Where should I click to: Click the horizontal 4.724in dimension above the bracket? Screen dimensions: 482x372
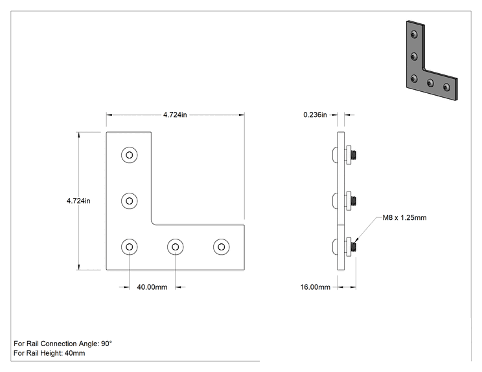[175, 115]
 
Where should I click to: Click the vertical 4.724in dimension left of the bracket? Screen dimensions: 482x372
[78, 201]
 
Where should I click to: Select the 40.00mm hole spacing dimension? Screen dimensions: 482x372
[152, 287]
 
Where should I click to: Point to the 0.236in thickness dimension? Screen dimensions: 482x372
[315, 115]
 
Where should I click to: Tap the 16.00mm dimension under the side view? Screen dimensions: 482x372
[315, 287]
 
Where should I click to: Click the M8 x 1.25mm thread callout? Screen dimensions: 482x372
[404, 217]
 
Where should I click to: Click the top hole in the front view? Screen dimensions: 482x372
[130, 155]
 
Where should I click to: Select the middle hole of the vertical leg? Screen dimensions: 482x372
[130, 201]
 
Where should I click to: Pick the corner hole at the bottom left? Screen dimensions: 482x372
[130, 246]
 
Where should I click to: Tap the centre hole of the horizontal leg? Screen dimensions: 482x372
[175, 246]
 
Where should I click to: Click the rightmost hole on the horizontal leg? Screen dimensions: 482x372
[222, 246]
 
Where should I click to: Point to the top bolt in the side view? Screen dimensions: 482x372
[344, 155]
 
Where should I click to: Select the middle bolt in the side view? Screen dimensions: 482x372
[344, 201]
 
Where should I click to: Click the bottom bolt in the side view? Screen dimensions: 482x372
[344, 246]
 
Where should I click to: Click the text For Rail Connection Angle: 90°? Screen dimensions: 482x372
[63, 344]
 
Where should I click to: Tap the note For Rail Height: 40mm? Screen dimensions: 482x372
[49, 353]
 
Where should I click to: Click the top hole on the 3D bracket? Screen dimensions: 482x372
[414, 34]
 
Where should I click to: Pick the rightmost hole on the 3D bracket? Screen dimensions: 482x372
[446, 87]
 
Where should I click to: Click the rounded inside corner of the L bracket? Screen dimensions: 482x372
[153, 223]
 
